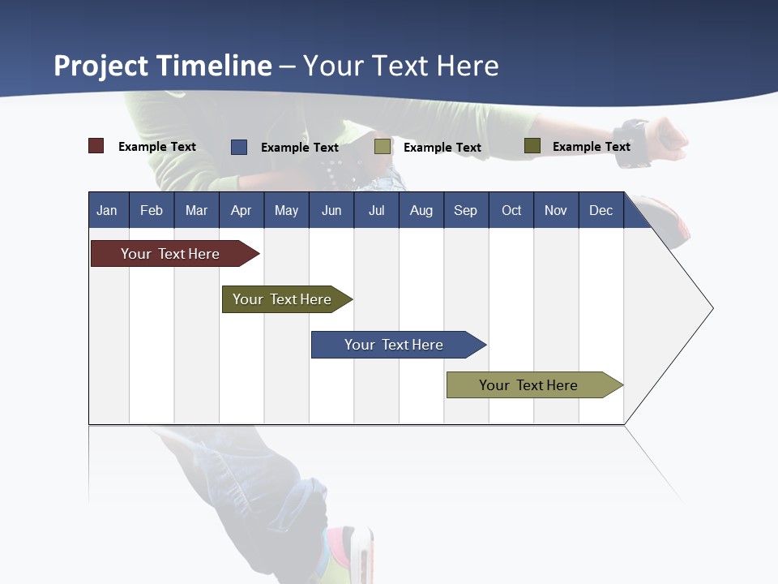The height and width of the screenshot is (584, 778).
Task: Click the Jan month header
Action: tap(107, 211)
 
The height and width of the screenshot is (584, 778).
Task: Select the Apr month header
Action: tap(241, 211)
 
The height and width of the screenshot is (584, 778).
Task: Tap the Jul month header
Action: tap(376, 211)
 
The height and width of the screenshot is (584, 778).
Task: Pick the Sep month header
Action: tap(465, 211)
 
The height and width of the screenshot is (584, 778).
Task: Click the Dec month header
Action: tap(601, 211)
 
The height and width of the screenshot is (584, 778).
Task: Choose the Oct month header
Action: tap(511, 211)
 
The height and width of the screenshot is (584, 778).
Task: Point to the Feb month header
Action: tap(152, 211)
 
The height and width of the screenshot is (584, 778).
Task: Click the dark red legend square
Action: tap(96, 146)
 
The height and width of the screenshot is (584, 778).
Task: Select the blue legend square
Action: tap(239, 147)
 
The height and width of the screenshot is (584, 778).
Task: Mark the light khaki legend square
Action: tap(383, 147)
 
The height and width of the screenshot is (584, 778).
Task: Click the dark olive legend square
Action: tap(532, 146)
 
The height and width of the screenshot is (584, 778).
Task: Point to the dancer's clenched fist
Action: tap(669, 138)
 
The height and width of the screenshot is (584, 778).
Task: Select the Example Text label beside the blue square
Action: tap(299, 148)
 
